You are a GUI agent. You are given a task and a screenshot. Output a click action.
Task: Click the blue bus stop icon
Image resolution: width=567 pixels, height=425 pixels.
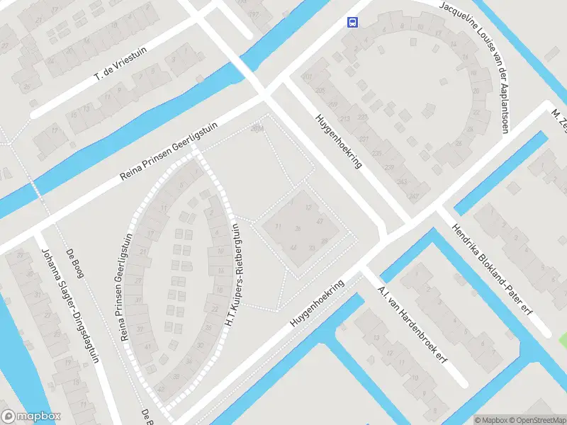(352, 22)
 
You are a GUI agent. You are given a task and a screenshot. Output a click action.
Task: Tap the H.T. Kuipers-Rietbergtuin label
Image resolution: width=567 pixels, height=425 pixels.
(231, 275)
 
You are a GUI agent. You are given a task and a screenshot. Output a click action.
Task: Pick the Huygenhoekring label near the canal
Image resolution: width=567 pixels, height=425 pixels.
(317, 303)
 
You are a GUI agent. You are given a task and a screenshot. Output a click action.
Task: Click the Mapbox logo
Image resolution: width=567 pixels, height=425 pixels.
(31, 416)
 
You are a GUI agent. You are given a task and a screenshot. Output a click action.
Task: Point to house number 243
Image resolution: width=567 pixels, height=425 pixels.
(402, 182)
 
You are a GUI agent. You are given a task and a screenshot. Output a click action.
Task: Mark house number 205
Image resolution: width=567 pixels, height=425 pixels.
(320, 90)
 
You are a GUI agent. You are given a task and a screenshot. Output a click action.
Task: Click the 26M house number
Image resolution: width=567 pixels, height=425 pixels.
(257, 128)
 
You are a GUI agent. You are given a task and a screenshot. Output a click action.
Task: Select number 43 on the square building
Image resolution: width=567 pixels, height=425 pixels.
(320, 221)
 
